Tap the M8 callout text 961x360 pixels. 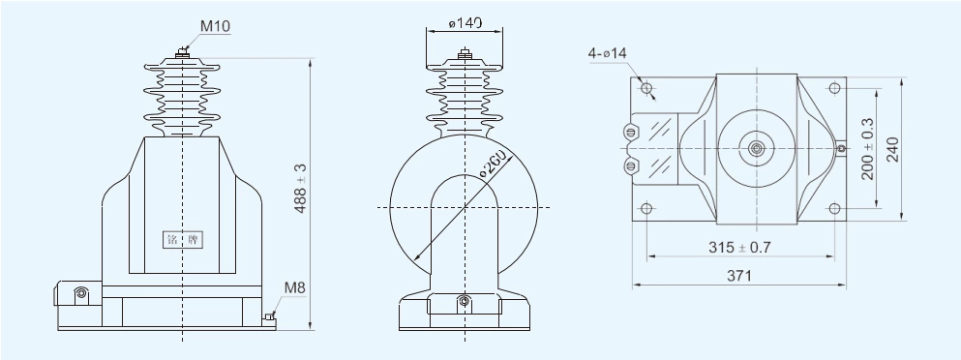coord(296,286)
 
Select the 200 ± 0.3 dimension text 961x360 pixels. coord(868,148)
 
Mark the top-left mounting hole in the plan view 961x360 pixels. coord(647,91)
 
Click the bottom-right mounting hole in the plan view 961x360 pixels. coord(833,207)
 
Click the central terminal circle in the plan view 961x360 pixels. coord(755,149)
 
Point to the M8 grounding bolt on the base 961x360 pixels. coord(270,315)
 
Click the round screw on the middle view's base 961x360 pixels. coord(465,304)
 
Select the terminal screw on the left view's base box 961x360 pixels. coord(81,293)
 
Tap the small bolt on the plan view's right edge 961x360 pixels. coord(842,149)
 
